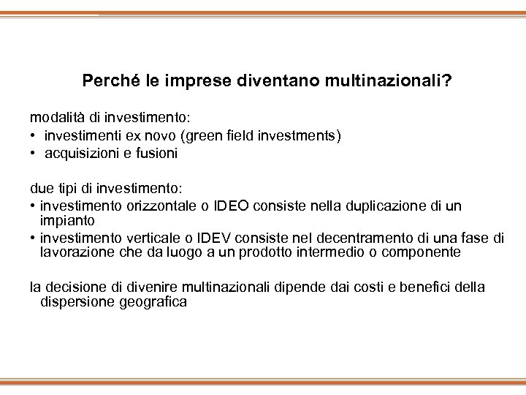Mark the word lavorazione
[74, 252]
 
